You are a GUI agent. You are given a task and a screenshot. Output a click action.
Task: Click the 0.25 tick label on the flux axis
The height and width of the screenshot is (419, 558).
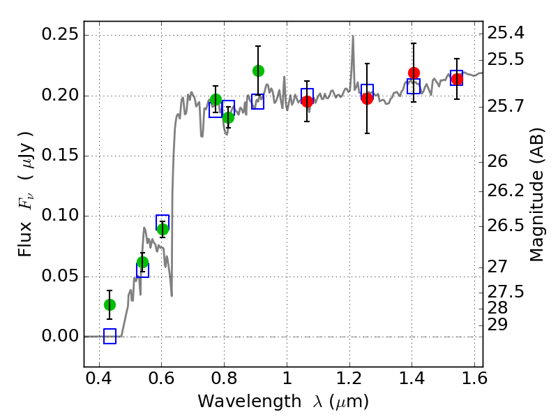tap(60, 34)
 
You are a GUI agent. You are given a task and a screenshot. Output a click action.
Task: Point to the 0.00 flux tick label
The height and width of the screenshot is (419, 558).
tap(60, 336)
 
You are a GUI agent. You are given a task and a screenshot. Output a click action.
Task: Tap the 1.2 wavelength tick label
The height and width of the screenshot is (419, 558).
tap(349, 378)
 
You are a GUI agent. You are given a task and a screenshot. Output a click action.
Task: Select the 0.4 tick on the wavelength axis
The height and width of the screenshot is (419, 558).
tap(99, 378)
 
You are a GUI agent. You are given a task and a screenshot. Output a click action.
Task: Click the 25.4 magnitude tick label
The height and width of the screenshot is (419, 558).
tap(506, 33)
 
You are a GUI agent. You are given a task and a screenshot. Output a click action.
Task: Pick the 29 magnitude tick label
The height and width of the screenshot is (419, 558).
tap(497, 325)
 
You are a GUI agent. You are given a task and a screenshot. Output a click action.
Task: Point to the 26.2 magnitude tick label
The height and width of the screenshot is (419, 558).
tap(506, 191)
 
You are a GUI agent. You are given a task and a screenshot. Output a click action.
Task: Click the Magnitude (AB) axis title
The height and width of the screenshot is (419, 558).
tap(537, 195)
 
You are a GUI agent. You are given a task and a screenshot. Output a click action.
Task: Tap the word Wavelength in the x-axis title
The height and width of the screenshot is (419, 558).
tap(250, 401)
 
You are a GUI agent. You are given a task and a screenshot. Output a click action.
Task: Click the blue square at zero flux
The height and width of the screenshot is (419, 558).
tap(110, 336)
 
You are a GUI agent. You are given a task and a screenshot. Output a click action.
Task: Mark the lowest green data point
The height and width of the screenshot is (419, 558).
tap(110, 305)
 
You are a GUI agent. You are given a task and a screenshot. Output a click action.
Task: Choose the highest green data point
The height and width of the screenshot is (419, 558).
tap(258, 71)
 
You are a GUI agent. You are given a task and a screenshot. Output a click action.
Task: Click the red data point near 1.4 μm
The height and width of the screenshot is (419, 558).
tap(414, 73)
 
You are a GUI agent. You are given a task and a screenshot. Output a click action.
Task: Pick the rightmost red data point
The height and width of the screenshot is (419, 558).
tap(457, 79)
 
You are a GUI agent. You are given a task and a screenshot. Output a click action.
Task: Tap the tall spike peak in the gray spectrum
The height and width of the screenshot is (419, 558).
tap(353, 36)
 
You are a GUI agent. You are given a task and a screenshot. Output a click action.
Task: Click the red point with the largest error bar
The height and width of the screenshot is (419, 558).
tap(368, 98)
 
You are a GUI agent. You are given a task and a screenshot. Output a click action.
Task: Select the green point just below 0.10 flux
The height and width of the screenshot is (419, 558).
tap(163, 230)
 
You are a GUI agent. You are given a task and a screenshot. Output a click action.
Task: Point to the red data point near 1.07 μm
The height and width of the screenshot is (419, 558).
tap(307, 101)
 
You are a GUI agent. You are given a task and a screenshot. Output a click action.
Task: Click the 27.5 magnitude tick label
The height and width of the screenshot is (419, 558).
tap(506, 292)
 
